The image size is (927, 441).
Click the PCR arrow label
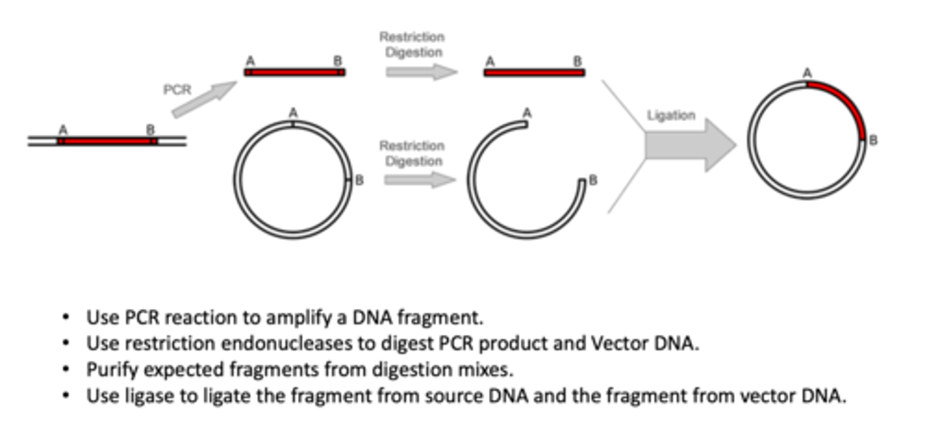[177, 89]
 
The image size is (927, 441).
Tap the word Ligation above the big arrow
[671, 115]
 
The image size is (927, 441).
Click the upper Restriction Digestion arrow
[421, 71]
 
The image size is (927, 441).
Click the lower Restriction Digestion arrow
[420, 179]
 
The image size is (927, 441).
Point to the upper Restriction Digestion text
[411, 44]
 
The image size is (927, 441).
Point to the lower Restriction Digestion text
[411, 153]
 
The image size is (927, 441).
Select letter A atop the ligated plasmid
[807, 74]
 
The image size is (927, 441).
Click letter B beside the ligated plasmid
[873, 140]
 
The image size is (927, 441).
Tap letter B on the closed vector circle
[359, 180]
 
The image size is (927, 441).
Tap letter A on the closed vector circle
[292, 112]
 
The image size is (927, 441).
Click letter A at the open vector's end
[527, 113]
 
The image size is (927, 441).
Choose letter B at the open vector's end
[592, 180]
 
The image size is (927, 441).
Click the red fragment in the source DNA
[107, 140]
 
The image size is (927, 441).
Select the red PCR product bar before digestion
[294, 72]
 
